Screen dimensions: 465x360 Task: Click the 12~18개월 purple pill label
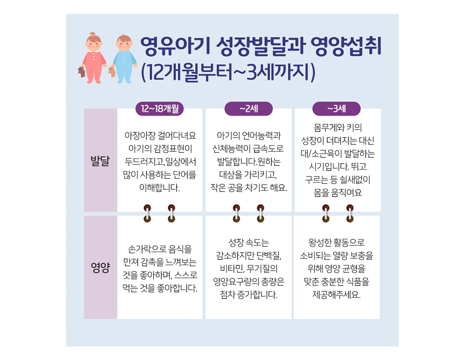[160, 109]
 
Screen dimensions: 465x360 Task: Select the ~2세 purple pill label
[248, 109]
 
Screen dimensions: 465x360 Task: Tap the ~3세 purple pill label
[337, 109]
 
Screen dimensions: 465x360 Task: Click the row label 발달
[100, 161]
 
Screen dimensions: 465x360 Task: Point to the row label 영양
[100, 268]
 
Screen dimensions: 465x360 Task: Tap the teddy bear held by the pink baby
[81, 72]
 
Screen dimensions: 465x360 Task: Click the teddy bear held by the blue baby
[112, 72]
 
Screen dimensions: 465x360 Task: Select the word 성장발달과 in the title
[261, 47]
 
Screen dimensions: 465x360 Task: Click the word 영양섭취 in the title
[346, 47]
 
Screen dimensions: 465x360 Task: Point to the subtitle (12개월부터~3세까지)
[228, 72]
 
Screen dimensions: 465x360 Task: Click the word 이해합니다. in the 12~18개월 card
[160, 187]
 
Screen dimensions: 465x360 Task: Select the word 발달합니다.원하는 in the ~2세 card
[248, 162]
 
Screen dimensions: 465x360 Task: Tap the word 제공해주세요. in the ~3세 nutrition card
[337, 295]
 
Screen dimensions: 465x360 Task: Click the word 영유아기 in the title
[175, 47]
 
